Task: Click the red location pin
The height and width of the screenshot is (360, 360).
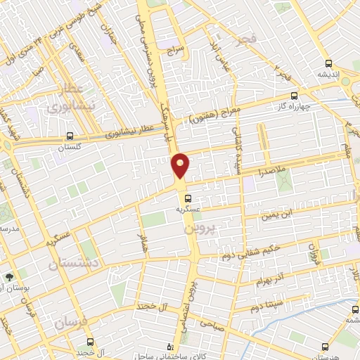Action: (x=180, y=165)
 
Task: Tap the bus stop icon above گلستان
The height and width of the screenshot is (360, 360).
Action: (x=69, y=136)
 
